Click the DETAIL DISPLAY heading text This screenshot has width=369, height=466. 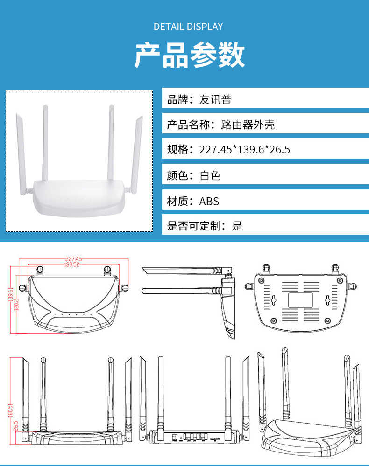(x=188, y=27)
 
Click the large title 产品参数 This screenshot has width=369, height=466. (x=190, y=55)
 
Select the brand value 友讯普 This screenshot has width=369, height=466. (x=215, y=99)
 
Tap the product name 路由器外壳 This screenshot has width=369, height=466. (x=248, y=125)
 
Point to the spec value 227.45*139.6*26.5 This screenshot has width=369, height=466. (x=245, y=149)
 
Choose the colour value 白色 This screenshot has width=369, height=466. (x=210, y=176)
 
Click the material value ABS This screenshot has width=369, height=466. (x=209, y=202)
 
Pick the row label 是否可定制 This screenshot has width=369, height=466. (x=193, y=226)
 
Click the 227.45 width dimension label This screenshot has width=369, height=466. (x=73, y=259)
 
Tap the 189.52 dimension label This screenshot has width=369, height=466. (x=72, y=264)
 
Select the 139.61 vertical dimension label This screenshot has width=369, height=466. (x=11, y=294)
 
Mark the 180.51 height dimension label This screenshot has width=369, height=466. (x=11, y=410)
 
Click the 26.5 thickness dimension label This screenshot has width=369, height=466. (x=16, y=425)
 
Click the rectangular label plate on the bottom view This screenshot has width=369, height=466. (x=300, y=300)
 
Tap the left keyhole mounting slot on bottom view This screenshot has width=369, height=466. (x=274, y=300)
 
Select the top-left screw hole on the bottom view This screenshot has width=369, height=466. (x=261, y=280)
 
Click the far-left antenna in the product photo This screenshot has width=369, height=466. (x=21, y=154)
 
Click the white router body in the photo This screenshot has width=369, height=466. (x=79, y=198)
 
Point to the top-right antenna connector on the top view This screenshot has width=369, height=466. (x=107, y=271)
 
